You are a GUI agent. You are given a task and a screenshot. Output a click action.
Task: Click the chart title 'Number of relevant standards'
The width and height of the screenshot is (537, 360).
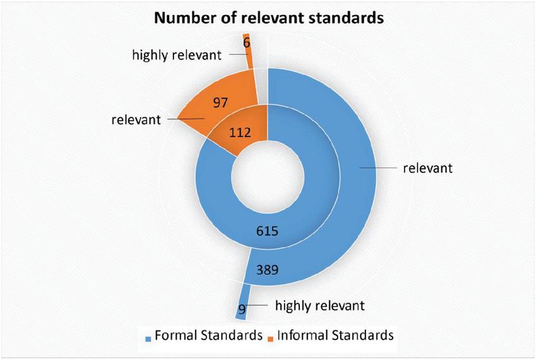[x=269, y=18]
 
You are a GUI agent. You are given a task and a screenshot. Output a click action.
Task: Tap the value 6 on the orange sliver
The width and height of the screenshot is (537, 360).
[x=247, y=43]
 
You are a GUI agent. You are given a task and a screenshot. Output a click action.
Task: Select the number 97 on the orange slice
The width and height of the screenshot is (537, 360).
[x=220, y=102]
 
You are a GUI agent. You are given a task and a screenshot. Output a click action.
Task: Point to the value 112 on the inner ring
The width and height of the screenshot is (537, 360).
[x=240, y=133]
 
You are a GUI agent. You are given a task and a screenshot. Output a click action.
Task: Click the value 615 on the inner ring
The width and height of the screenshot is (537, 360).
[x=268, y=231]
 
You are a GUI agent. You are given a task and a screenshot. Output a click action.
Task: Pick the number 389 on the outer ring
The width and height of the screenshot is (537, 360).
[x=268, y=270]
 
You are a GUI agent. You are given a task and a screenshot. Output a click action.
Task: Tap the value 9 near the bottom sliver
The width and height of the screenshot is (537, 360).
[x=242, y=309]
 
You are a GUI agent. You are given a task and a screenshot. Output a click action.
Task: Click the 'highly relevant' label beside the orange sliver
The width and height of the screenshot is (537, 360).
[x=177, y=55]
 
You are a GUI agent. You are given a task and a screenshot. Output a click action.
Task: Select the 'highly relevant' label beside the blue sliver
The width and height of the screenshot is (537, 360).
[x=320, y=305]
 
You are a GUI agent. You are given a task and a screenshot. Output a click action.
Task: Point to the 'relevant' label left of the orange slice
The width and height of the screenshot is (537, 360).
[x=136, y=119]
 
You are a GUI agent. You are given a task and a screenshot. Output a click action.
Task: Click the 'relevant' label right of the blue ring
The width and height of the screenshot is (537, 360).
[x=428, y=168]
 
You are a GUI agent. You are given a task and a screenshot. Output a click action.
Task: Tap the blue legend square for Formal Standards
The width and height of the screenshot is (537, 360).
[x=148, y=339]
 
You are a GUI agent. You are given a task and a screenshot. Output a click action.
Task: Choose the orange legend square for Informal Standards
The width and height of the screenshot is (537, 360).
[x=271, y=339]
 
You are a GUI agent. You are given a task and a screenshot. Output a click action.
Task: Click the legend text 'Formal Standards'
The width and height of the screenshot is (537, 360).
[x=209, y=335]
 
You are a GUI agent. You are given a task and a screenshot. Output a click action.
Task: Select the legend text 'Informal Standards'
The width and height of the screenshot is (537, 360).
[x=336, y=335]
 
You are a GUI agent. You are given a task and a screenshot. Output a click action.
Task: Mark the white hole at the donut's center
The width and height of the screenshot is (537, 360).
[x=268, y=177]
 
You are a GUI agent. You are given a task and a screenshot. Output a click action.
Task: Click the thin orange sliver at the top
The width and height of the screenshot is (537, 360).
[x=248, y=51]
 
